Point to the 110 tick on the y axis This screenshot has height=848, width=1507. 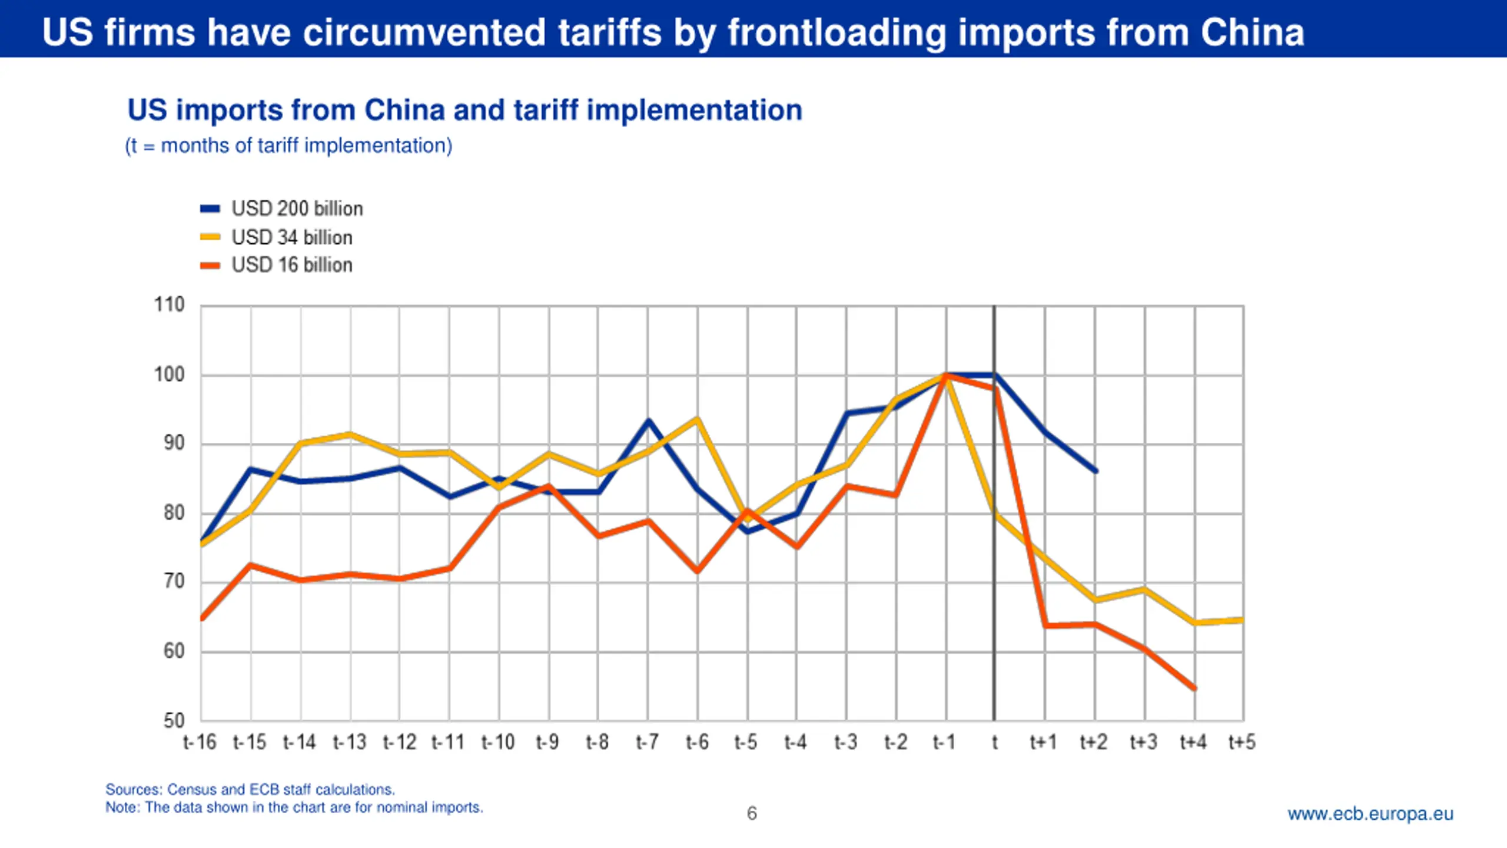[170, 305]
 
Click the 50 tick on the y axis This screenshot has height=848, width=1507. [174, 720]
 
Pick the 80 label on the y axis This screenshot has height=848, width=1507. [174, 513]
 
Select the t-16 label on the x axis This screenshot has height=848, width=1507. [200, 742]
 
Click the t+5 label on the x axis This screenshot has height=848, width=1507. [1242, 742]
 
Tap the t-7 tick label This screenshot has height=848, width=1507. [647, 742]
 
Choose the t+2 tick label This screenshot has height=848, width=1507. [1094, 742]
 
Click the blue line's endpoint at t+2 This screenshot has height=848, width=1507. [1096, 471]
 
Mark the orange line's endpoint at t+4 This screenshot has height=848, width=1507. [1194, 688]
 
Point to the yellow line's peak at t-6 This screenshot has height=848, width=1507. [698, 419]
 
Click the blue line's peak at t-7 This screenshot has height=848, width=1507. [648, 420]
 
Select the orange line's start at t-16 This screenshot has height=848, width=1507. [202, 619]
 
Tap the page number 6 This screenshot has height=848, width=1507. [752, 813]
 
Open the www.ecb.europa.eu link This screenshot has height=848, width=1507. [1370, 813]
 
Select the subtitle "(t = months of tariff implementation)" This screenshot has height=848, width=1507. [288, 145]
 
